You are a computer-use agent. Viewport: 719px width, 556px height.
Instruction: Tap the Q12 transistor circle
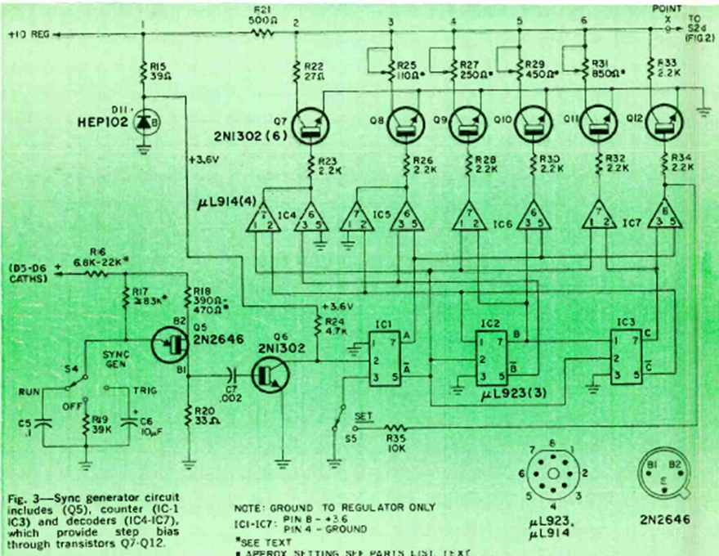663,124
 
